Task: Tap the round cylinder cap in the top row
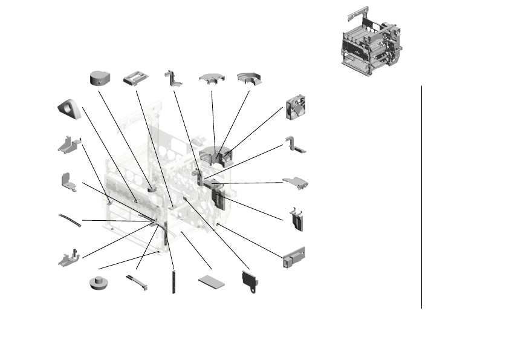(x=99, y=78)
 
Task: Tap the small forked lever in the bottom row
(x=137, y=282)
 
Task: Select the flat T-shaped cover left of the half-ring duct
(x=212, y=79)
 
